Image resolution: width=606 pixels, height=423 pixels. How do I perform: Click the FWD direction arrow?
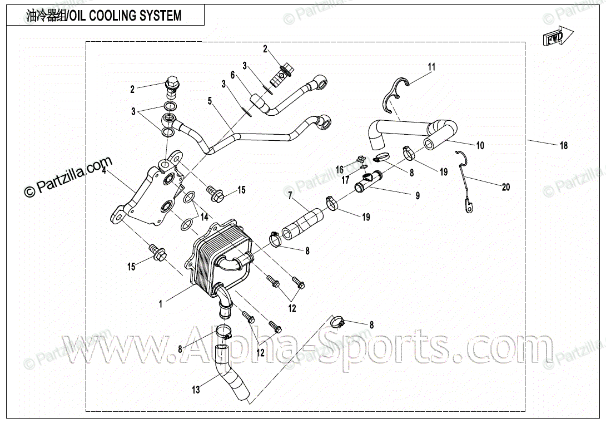coord(555,37)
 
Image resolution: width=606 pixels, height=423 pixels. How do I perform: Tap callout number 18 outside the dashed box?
coord(563,146)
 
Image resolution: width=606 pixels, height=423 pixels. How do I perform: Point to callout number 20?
coord(505,188)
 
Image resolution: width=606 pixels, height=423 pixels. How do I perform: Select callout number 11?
coord(431,67)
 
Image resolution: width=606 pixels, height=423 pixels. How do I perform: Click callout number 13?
coord(196,390)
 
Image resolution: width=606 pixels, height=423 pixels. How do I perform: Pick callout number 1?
coord(161,304)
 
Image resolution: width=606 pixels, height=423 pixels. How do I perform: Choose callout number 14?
coord(204,216)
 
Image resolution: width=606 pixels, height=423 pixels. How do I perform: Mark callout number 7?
coord(290,195)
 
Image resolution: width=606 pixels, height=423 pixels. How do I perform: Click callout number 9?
coord(416,195)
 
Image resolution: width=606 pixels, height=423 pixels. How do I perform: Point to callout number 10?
coord(480,145)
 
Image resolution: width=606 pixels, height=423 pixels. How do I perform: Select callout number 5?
coord(210,101)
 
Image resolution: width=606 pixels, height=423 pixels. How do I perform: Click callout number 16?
coord(339,168)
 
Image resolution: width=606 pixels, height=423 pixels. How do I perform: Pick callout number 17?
coord(345,179)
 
